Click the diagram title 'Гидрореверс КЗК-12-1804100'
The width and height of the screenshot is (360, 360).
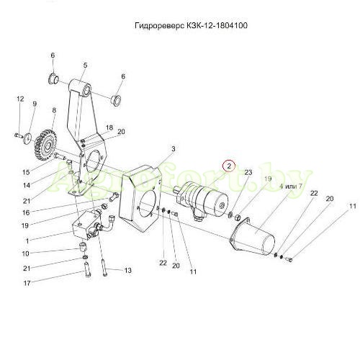click(x=191, y=25)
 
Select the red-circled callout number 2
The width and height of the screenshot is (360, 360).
click(x=229, y=166)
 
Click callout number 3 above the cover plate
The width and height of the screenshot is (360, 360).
click(x=174, y=149)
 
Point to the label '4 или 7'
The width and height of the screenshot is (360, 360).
click(x=291, y=186)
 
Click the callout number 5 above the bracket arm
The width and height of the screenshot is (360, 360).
click(x=86, y=66)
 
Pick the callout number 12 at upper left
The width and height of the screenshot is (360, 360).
click(x=20, y=99)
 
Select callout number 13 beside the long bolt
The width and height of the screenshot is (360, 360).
click(x=128, y=271)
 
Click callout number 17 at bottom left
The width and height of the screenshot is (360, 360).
click(x=27, y=283)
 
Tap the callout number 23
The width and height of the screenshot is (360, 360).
click(x=248, y=172)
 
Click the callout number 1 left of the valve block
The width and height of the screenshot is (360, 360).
click(x=27, y=241)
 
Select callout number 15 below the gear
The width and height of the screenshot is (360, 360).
click(x=26, y=172)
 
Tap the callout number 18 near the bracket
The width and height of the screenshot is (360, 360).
click(x=109, y=127)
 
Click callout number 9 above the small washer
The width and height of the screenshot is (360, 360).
click(x=35, y=104)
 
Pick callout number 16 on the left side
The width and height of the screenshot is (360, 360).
click(x=26, y=212)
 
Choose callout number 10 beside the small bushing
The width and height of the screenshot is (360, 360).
click(x=25, y=253)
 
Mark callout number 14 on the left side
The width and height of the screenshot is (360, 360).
click(x=27, y=185)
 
